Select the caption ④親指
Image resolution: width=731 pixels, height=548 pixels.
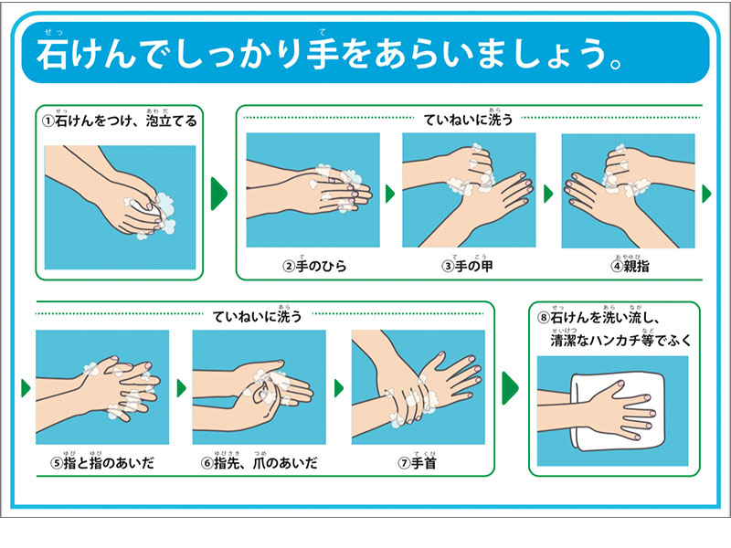628,267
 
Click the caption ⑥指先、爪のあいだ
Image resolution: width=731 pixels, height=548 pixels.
259,464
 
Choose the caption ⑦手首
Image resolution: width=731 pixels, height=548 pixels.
416,464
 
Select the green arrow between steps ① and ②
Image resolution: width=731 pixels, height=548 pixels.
218,193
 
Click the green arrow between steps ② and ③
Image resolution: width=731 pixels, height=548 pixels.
390,194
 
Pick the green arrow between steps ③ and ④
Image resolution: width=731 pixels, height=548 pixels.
548,194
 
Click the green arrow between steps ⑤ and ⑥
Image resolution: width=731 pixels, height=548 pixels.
181,387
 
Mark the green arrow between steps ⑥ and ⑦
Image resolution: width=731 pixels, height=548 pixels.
339,387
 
